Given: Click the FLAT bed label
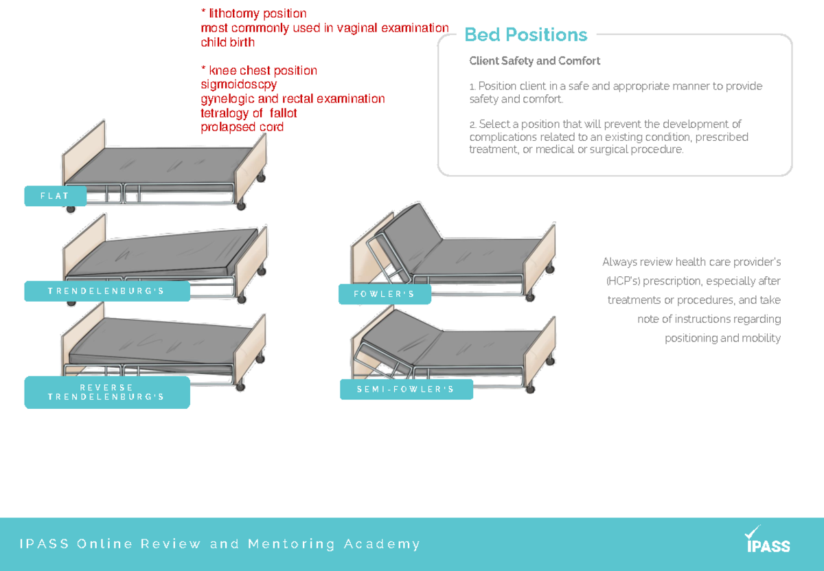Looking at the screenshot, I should [56, 196].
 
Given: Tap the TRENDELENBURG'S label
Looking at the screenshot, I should [106, 291].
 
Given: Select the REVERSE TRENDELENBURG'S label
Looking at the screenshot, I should [106, 392].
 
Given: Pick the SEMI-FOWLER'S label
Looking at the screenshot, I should [406, 390].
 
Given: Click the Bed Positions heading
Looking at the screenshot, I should [525, 34].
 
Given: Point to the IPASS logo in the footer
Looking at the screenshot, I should [768, 541].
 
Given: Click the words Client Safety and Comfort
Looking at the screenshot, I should [534, 61].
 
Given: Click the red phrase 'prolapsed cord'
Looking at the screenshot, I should [242, 127].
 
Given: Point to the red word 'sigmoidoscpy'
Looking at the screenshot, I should [238, 85].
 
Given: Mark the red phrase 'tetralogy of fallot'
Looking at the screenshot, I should [249, 113].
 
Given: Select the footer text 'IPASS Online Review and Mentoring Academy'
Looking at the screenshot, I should [220, 544].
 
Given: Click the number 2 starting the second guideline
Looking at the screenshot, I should [472, 124].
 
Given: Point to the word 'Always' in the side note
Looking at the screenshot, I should [619, 262].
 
